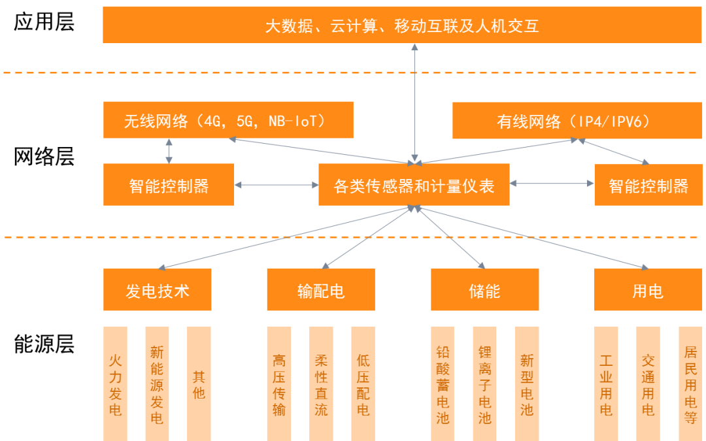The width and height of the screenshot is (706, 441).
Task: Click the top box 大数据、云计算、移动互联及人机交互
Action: [x=401, y=25]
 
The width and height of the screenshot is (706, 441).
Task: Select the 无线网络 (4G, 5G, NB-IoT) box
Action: [x=228, y=120]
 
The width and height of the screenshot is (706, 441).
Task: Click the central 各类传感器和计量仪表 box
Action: [x=414, y=185]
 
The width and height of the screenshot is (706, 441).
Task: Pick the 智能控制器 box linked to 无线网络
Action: [x=169, y=185]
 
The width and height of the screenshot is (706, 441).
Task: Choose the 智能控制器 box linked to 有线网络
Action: [x=648, y=185]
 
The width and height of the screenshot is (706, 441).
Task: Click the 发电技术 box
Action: [x=157, y=289]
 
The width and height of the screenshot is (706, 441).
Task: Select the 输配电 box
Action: [x=320, y=289]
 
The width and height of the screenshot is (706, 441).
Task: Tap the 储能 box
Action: [x=484, y=289]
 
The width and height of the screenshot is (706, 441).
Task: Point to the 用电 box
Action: [x=648, y=289]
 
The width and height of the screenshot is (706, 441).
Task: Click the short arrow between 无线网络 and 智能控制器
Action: [x=169, y=151]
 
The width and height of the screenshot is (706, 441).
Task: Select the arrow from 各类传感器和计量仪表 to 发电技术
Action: [x=281, y=237]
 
